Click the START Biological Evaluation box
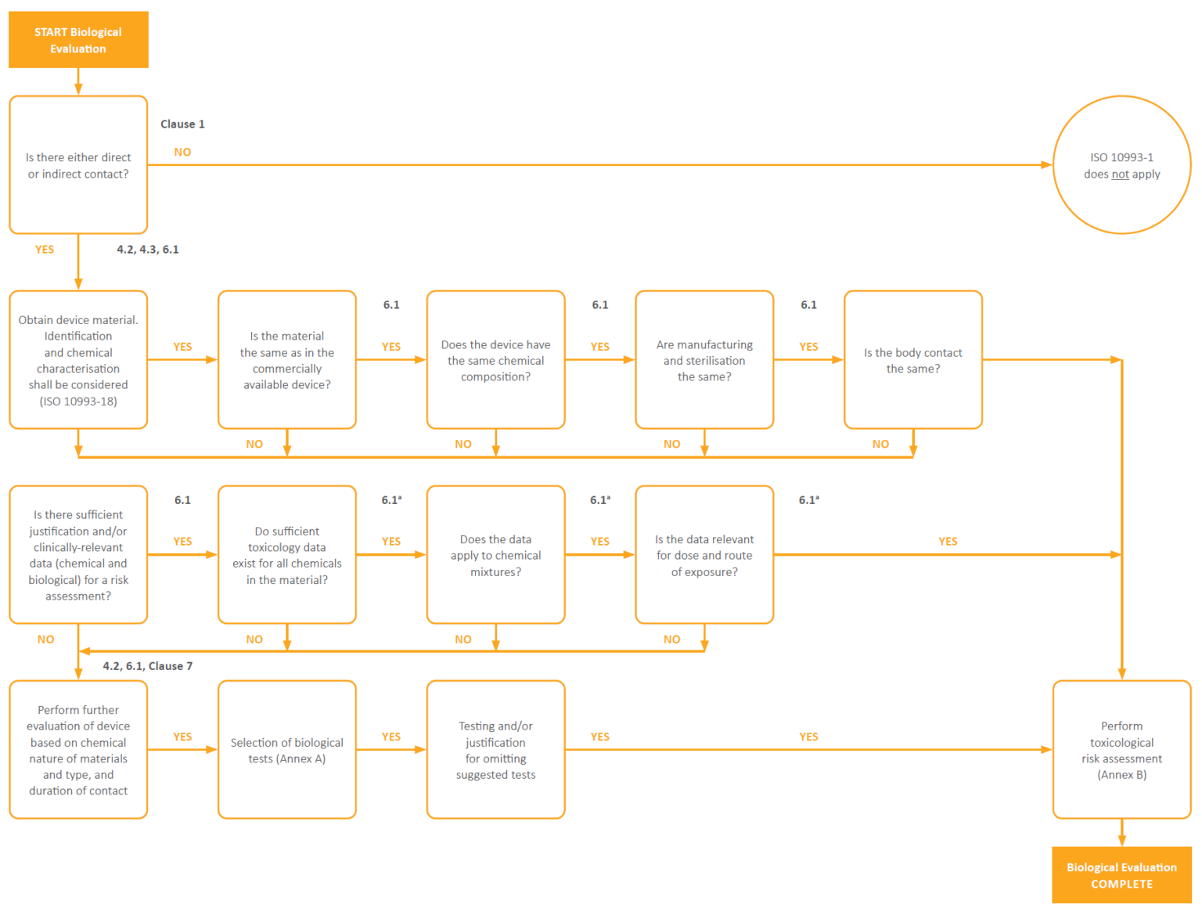[78, 40]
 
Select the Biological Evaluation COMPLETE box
[1121, 875]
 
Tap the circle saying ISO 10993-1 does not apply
[1121, 165]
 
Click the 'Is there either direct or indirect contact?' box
[78, 165]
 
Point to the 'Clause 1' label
[182, 124]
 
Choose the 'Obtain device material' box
[78, 360]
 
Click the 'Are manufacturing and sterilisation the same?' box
[704, 360]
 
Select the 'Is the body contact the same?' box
[912, 360]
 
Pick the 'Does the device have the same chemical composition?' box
[495, 360]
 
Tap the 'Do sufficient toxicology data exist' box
[287, 555]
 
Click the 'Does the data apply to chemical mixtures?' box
[495, 555]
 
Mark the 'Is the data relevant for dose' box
[704, 555]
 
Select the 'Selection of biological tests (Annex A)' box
[287, 750]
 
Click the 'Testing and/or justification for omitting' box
[495, 750]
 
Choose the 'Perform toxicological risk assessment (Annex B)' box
[1121, 750]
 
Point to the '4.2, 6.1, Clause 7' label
[148, 666]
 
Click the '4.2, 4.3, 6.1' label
[148, 250]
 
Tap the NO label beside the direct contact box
[182, 152]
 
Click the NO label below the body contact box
[880, 444]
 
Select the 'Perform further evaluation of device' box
[78, 750]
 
